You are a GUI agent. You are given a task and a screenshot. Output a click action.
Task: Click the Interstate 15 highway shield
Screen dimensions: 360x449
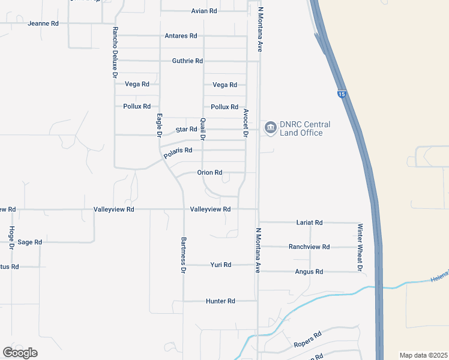[x=342, y=94]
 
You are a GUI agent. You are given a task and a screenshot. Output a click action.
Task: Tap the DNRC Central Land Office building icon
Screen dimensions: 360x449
[x=270, y=127]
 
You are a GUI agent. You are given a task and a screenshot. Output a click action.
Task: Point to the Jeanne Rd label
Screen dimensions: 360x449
[x=43, y=23]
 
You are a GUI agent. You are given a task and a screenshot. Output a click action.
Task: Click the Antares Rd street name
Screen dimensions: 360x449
[x=181, y=36]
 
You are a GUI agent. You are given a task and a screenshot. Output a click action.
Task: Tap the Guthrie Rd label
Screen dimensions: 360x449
[x=187, y=61]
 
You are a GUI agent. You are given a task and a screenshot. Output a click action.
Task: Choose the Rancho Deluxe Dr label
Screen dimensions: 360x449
[x=113, y=52]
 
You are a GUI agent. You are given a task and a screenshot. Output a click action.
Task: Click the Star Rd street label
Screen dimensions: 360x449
[x=186, y=130]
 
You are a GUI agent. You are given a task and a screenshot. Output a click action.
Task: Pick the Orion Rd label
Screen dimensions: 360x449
[x=209, y=173]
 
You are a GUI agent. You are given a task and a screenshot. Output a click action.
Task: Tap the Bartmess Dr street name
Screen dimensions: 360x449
[x=184, y=255]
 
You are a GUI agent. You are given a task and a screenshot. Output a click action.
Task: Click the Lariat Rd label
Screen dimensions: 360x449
[x=310, y=223]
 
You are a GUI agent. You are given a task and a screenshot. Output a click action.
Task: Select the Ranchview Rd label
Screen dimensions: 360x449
[x=309, y=247]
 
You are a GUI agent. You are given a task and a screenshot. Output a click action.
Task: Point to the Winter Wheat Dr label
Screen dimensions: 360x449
[x=360, y=247]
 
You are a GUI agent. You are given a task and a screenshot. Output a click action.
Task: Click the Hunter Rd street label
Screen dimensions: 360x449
[x=220, y=301]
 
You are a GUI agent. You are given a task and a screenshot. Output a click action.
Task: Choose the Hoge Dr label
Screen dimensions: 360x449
[x=11, y=238]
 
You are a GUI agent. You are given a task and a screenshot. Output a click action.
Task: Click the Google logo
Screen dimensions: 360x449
[x=20, y=353]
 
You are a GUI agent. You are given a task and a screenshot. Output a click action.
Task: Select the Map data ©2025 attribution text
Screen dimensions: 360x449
[x=423, y=355]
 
